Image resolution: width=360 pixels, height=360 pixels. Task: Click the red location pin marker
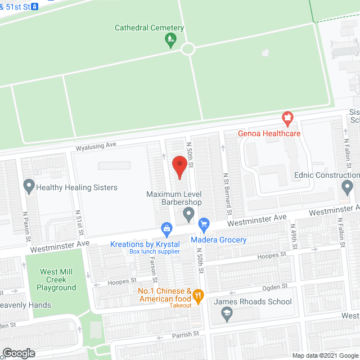(179, 167)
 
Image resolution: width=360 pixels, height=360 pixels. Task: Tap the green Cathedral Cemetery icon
(169, 39)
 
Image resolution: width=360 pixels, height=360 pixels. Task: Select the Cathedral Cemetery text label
(149, 28)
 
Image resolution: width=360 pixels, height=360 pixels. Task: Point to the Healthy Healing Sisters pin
(29, 186)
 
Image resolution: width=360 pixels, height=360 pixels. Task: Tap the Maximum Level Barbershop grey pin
(189, 214)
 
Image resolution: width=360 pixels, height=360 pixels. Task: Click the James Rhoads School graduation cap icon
(228, 315)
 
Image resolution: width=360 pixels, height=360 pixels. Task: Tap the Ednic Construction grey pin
(348, 186)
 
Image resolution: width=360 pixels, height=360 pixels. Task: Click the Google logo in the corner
(18, 353)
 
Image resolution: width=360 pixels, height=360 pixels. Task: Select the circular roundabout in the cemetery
(187, 49)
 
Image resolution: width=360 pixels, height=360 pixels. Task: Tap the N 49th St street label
(293, 236)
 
